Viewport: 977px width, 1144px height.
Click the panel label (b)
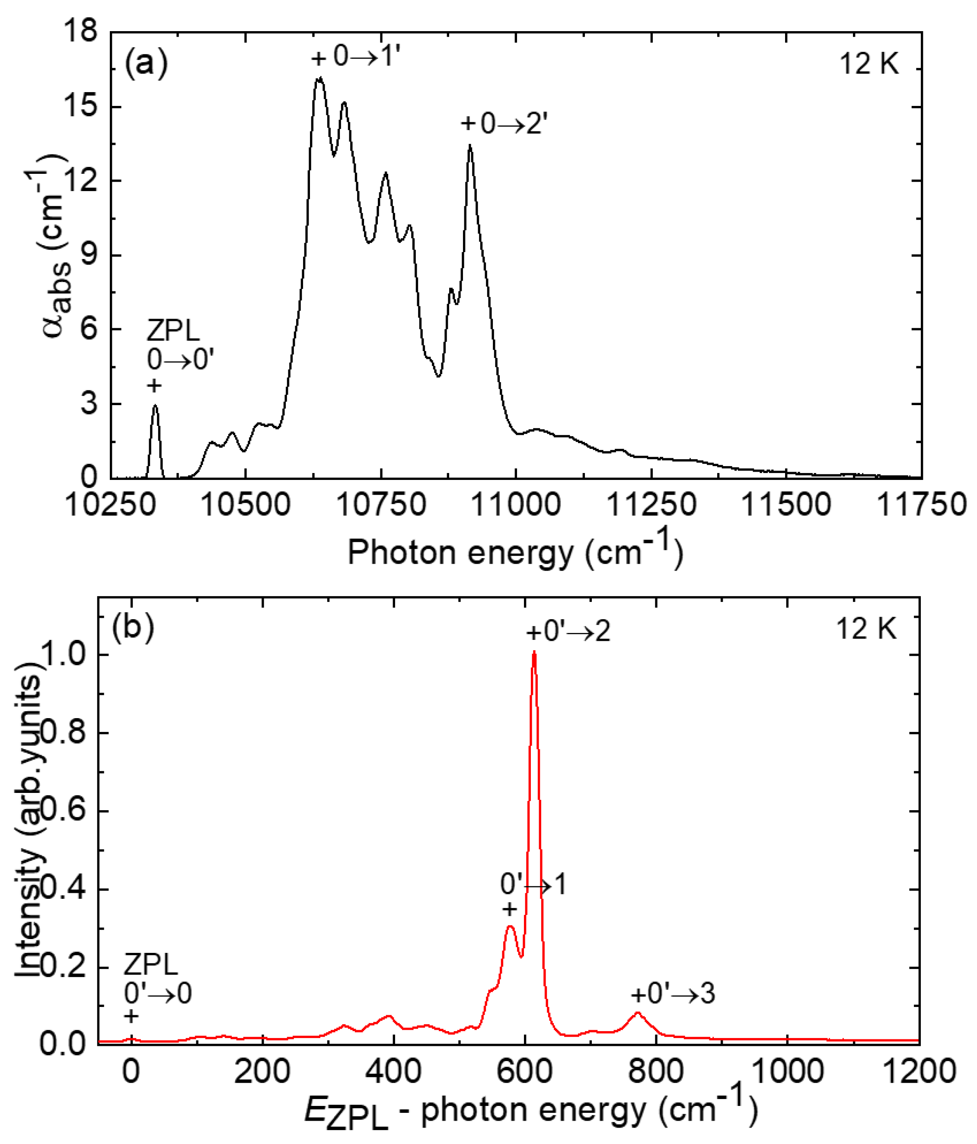pos(132,627)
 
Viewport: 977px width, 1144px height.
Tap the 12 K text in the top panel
pos(869,64)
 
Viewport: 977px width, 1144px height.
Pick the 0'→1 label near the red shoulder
pos(533,885)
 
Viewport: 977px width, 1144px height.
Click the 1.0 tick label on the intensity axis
pos(69,655)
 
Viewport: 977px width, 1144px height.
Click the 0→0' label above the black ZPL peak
pos(180,361)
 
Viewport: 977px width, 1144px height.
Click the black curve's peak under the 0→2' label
pos(470,146)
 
